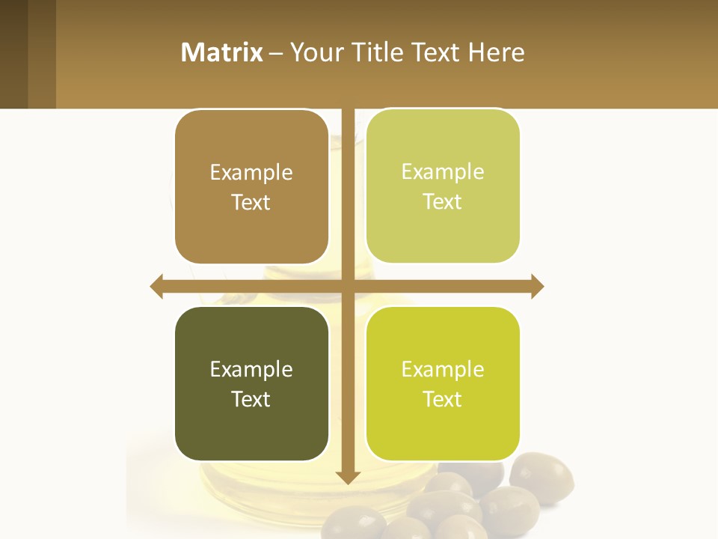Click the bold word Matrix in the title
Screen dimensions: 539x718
pos(222,52)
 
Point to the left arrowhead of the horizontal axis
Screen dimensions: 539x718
pos(156,286)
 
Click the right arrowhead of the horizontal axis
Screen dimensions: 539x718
pos(537,286)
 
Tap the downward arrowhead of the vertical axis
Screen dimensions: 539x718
pos(348,477)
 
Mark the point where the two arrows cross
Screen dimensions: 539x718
pos(348,286)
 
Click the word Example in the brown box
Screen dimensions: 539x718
pos(251,173)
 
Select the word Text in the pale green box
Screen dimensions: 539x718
pos(443,202)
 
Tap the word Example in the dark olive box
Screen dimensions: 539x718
pos(251,370)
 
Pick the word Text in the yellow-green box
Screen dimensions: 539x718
pos(443,399)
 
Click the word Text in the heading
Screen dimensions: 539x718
pos(434,52)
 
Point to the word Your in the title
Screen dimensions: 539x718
pos(315,52)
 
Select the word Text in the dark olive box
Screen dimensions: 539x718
pos(251,399)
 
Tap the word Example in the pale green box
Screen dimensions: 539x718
pos(443,172)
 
